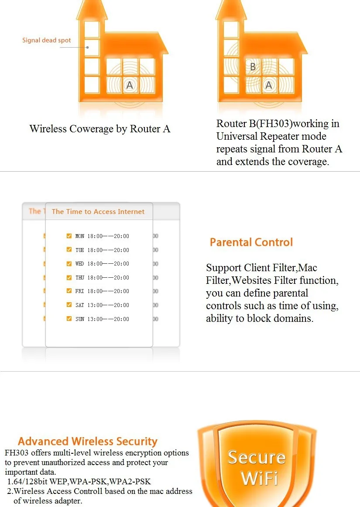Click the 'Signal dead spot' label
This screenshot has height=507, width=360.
tap(47, 40)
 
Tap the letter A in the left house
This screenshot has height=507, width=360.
tap(130, 85)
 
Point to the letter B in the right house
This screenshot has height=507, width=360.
tap(253, 67)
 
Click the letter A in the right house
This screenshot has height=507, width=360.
tap(268, 85)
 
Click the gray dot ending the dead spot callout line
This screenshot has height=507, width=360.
tap(88, 48)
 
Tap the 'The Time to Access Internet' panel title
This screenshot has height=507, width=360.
tap(98, 211)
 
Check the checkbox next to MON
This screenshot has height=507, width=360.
tap(69, 236)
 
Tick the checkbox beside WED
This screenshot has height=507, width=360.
tap(69, 263)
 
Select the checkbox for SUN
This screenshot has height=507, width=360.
tap(69, 318)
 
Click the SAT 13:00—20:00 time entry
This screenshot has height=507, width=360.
tap(102, 305)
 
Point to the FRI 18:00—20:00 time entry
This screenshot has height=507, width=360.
tap(102, 291)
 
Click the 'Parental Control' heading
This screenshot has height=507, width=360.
tap(251, 242)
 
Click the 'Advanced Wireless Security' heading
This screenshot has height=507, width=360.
tap(88, 441)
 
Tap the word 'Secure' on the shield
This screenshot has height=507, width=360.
tap(257, 457)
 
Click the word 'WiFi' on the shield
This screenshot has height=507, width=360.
tap(259, 478)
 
